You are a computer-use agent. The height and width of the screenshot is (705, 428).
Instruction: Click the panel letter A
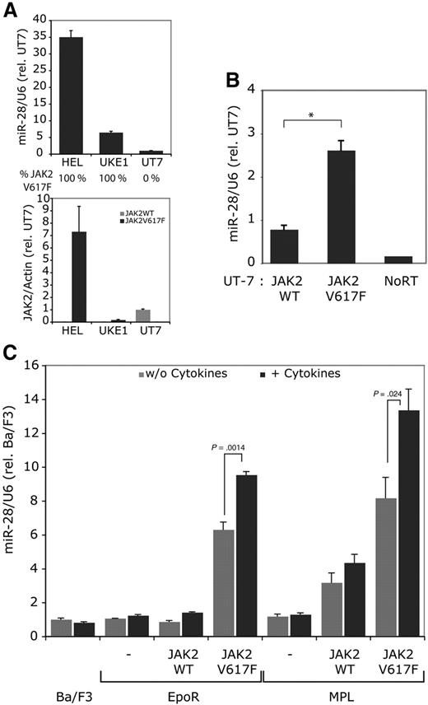click(11, 11)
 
